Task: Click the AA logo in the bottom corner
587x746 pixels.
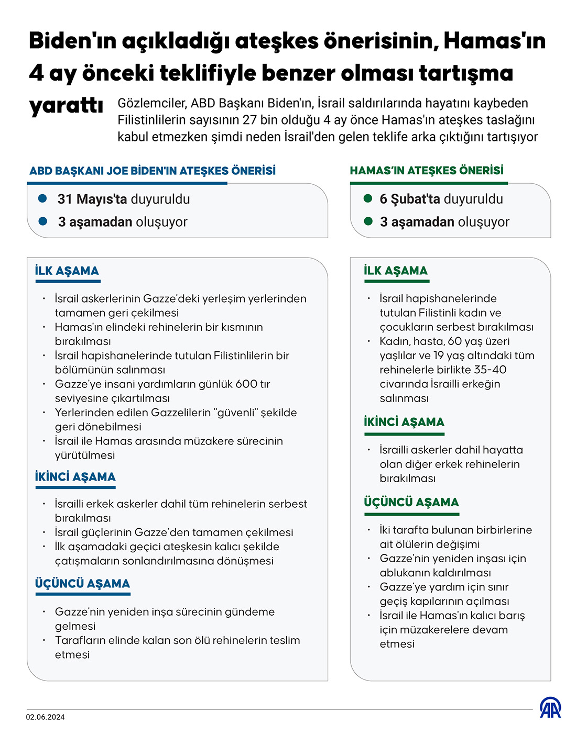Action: [x=550, y=708]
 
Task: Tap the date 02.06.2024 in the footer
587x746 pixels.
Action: [x=46, y=717]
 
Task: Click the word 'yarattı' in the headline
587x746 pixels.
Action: [x=66, y=105]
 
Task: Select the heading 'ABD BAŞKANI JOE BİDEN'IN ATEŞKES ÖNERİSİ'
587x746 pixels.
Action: [x=153, y=171]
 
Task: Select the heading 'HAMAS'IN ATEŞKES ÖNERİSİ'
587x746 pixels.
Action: [x=427, y=171]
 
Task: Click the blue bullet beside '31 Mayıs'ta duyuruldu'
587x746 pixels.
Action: [x=43, y=198]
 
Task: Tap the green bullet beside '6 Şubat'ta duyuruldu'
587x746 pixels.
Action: [x=368, y=198]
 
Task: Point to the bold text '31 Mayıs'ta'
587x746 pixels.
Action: [x=92, y=199]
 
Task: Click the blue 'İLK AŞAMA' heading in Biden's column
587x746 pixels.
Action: [x=67, y=271]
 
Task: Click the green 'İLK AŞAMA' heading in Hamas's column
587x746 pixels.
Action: [x=396, y=271]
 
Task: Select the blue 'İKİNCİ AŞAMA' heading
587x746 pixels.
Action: [x=75, y=477]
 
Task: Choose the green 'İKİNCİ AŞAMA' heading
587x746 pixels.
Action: [x=404, y=422]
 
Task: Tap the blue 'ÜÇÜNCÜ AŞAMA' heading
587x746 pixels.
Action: [x=82, y=584]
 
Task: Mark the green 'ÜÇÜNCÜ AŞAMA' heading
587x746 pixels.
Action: [x=411, y=503]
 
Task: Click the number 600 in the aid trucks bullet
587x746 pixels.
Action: [x=246, y=384]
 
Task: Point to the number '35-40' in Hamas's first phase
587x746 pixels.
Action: [x=489, y=370]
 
